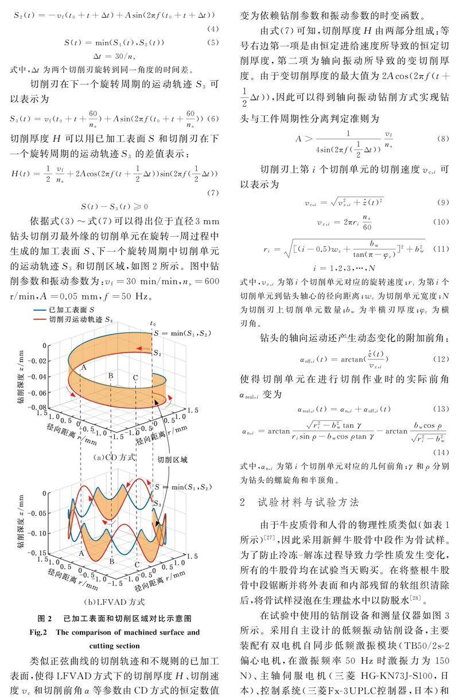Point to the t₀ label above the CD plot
point(153,323)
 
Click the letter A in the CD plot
point(84,367)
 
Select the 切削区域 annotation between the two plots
point(173,460)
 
